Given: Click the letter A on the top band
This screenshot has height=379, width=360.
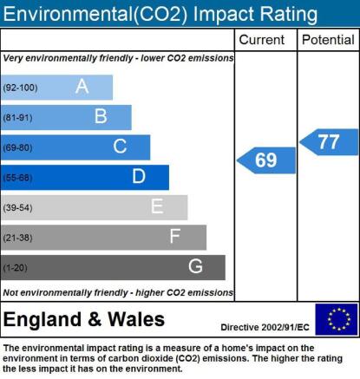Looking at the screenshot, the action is tap(82, 86).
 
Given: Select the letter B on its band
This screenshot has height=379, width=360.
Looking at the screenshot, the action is tap(101, 116).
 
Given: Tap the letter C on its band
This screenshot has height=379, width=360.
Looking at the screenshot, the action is tap(120, 147).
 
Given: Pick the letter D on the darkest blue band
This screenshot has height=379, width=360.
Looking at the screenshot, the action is tap(139, 176).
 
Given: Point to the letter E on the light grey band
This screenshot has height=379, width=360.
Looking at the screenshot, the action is tap(157, 206).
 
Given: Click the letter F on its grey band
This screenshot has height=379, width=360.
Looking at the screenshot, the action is tap(175, 236).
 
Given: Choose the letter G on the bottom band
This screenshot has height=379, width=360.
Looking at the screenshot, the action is tap(195, 266).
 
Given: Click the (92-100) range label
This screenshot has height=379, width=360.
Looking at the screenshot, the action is tap(20, 88).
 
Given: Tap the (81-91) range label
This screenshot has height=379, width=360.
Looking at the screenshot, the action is tap(17, 118).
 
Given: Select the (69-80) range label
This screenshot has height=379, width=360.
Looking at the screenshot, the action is tap(17, 147).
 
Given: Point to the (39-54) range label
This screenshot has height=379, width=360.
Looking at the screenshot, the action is tap(17, 207).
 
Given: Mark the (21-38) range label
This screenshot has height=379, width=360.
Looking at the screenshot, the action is tap(17, 238).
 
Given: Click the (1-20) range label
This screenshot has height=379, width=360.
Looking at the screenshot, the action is tap(15, 268).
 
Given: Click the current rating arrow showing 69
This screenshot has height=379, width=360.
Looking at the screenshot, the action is tap(266, 160).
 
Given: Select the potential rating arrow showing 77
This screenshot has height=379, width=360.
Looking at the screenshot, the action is tap(329, 142).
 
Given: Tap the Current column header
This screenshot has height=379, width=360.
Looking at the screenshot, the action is tap(262, 40).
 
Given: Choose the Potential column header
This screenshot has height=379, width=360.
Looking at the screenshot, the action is tap(328, 40).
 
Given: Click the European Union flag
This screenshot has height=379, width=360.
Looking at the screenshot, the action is tap(337, 319).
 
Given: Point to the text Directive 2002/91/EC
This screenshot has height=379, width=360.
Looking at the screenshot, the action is tap(265, 328).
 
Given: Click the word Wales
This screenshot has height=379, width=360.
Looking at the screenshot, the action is tap(136, 319).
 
